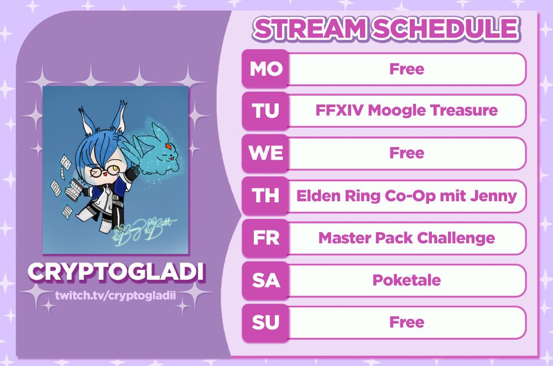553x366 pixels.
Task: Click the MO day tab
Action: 265,69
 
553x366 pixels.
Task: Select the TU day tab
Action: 265,111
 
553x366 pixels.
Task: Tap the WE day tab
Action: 265,153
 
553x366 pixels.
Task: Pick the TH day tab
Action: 265,195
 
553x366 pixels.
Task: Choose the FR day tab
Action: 265,238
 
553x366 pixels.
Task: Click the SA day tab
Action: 265,280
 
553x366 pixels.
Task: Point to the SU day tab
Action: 265,322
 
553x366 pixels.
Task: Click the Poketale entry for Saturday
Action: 406,280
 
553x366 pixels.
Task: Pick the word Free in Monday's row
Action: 406,69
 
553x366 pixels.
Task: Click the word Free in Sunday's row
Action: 406,322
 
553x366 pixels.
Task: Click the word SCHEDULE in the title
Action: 446,28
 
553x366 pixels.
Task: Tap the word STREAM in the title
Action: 310,28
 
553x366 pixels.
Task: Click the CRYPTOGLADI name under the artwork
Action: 116,272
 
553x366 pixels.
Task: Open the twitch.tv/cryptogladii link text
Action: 116,295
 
